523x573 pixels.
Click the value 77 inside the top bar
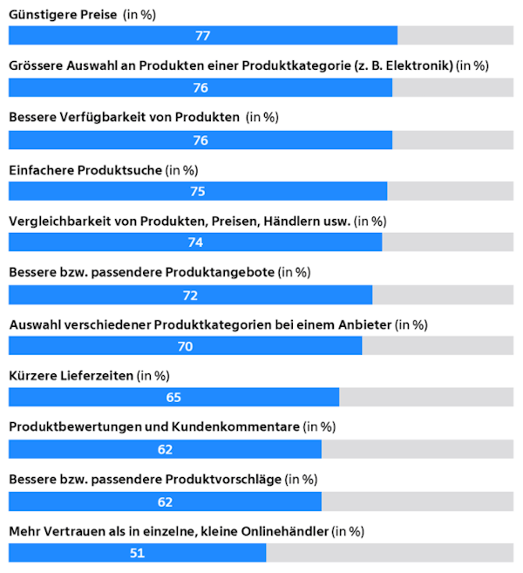click(203, 36)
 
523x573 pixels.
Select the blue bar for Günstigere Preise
click(203, 36)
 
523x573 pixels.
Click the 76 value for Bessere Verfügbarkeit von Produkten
click(200, 140)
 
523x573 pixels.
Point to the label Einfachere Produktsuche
click(85, 170)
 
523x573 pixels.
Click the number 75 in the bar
click(198, 192)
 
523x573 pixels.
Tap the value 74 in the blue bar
click(195, 242)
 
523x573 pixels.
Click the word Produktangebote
click(220, 273)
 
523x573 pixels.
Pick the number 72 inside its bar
click(190, 296)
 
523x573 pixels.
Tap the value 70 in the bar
click(185, 346)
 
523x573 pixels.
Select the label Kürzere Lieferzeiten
click(71, 376)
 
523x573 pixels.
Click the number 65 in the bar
click(173, 397)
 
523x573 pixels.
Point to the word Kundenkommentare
click(235, 426)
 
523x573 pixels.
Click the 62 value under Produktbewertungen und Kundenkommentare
click(165, 449)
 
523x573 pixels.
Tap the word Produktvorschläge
click(223, 480)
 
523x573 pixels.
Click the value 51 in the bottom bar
click(138, 553)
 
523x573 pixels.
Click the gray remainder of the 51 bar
click(390, 553)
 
